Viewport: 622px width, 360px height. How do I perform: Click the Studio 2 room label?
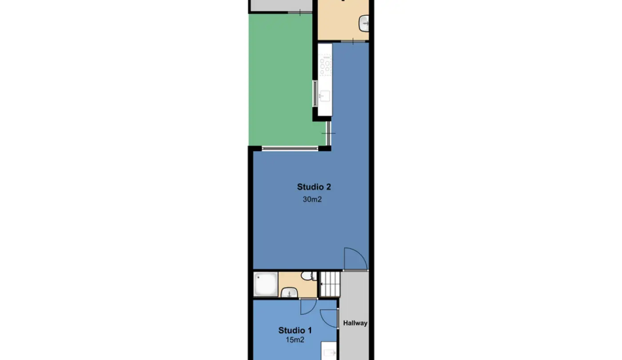pos(314,187)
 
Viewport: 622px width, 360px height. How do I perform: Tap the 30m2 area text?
pos(312,199)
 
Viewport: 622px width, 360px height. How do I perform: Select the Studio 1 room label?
pos(295,330)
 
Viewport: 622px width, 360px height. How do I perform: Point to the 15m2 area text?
pos(295,340)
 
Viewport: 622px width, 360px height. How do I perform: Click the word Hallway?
pos(355,323)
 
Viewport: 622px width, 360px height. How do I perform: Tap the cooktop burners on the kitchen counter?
pos(325,65)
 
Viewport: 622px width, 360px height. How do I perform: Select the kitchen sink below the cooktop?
pos(324,96)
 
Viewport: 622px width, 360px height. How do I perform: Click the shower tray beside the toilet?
pos(266,284)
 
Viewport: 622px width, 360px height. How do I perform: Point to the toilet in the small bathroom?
pos(308,276)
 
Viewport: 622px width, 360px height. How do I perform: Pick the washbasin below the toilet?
pos(289,292)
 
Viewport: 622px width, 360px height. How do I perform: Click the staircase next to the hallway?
pos(330,284)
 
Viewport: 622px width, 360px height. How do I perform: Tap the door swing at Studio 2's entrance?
pos(356,259)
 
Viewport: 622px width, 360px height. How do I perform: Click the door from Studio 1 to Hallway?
pos(329,318)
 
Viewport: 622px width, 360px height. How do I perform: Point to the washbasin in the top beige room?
pos(364,24)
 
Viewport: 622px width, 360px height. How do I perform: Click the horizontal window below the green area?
pos(290,148)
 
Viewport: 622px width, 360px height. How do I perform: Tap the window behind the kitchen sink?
pos(315,94)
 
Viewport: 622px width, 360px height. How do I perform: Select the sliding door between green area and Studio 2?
pos(328,133)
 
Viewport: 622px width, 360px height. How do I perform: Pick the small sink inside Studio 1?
pos(329,352)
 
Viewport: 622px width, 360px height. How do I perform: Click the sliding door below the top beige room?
pos(353,42)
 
